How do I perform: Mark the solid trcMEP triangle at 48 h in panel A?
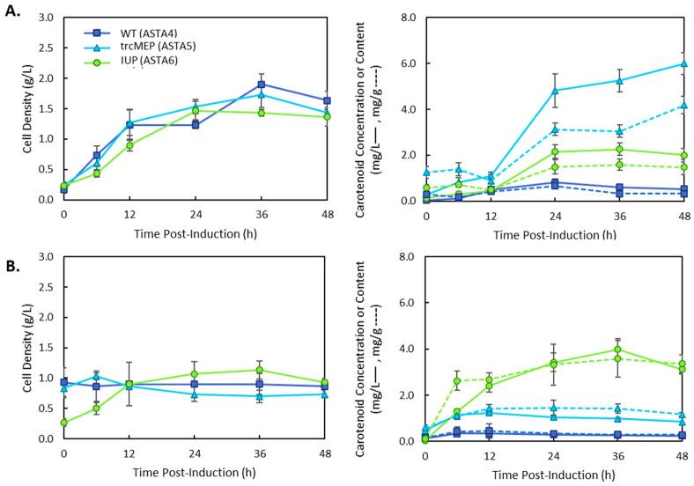(x=683, y=63)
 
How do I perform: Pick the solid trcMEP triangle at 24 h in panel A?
(x=555, y=91)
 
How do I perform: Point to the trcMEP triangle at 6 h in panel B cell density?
(x=96, y=377)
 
